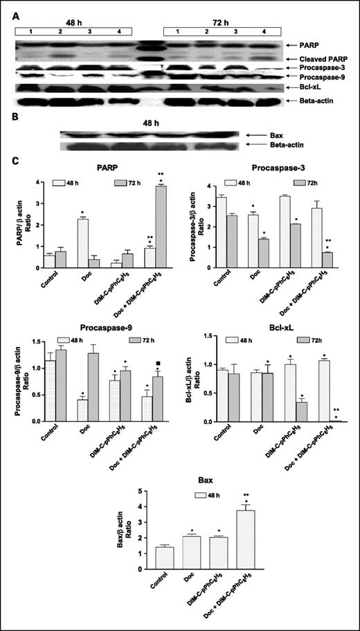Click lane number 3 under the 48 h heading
pyautogui.click(x=83, y=32)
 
